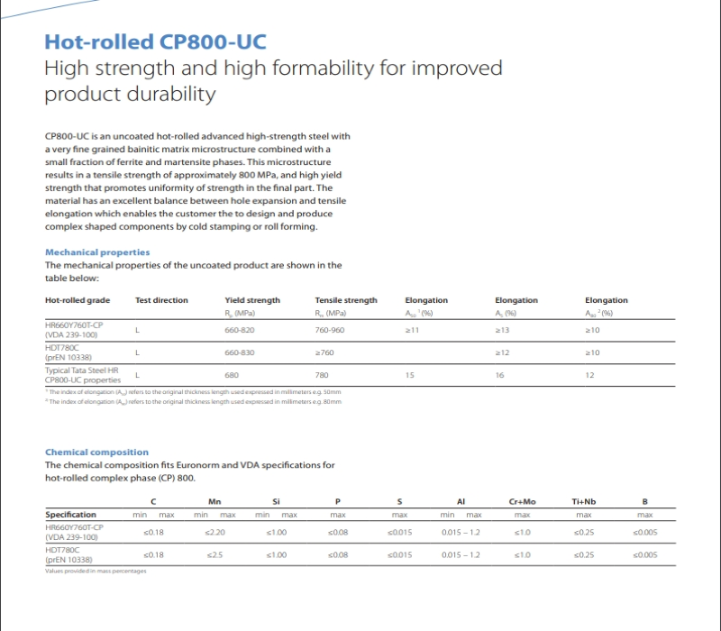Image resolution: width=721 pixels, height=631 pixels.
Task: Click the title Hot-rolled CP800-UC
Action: pyautogui.click(x=156, y=41)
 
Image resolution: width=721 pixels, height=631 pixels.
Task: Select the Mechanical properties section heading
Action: pyautogui.click(x=97, y=252)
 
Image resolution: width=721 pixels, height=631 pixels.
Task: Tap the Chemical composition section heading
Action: pyautogui.click(x=96, y=452)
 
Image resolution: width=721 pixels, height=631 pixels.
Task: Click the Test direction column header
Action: pyautogui.click(x=161, y=300)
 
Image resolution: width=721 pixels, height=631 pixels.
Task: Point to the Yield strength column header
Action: pyautogui.click(x=252, y=300)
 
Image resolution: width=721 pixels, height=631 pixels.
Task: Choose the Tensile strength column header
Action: pyautogui.click(x=346, y=300)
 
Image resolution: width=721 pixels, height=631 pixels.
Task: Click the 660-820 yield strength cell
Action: pyautogui.click(x=239, y=330)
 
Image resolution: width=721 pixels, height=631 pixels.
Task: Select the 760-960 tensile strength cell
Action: pyautogui.click(x=329, y=330)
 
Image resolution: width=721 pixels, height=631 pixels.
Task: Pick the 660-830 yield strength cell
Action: pyautogui.click(x=239, y=352)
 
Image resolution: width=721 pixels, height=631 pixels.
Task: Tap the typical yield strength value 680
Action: pyautogui.click(x=232, y=375)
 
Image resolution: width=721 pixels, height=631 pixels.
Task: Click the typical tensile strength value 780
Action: pyautogui.click(x=322, y=375)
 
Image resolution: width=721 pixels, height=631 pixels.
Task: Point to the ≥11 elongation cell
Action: pyautogui.click(x=412, y=330)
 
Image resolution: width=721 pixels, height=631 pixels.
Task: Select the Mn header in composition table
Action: pyautogui.click(x=214, y=501)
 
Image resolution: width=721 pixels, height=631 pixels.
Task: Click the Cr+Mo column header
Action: pyautogui.click(x=522, y=501)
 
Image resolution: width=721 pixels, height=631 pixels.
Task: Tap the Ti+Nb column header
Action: pyautogui.click(x=584, y=501)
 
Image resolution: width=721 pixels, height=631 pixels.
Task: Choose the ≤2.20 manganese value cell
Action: pyautogui.click(x=214, y=532)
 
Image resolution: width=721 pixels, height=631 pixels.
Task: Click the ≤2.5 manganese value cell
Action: pyautogui.click(x=214, y=554)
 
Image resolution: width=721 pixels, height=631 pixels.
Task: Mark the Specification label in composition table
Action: pyautogui.click(x=71, y=515)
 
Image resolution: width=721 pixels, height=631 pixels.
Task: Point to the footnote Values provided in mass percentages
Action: pyautogui.click(x=96, y=571)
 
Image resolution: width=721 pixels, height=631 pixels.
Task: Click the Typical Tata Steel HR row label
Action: pyautogui.click(x=81, y=370)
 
